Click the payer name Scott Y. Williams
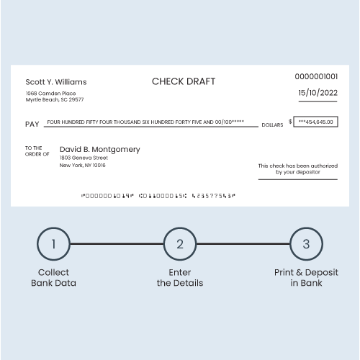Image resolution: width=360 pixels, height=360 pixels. tap(56, 82)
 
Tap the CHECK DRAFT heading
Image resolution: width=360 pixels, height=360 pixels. tap(184, 81)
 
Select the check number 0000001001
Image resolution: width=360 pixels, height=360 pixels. tap(316, 76)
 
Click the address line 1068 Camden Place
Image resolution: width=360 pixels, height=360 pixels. tap(50, 93)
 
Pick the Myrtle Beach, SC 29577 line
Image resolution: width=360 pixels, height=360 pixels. tap(55, 99)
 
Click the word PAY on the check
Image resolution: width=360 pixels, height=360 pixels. tap(32, 124)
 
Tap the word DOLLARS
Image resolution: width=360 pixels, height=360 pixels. tap(272, 125)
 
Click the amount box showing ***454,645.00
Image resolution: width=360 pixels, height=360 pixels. tap(315, 122)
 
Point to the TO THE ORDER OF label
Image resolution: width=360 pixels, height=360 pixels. tap(37, 150)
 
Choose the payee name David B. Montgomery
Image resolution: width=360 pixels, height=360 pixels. tap(99, 149)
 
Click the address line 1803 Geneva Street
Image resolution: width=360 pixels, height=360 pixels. tap(84, 158)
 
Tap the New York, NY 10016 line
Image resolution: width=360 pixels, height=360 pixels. tap(82, 166)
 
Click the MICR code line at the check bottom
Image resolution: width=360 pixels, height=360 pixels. tap(158, 195)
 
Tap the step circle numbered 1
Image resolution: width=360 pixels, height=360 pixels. tap(53, 244)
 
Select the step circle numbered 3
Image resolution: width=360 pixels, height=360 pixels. tap(306, 244)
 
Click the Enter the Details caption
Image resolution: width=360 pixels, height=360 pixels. tap(180, 278)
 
